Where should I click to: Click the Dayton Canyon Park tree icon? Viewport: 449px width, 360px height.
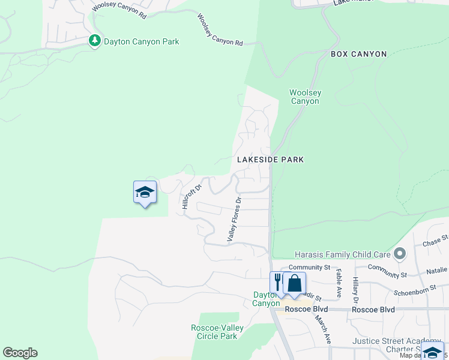[94, 41]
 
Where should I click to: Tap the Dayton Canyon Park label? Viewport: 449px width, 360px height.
[142, 42]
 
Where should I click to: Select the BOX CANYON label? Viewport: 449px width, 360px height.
[359, 54]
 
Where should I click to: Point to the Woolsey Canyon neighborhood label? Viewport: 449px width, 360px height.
[305, 97]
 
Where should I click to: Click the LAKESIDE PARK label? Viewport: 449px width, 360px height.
[270, 160]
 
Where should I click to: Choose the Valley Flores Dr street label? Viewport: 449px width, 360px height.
[234, 220]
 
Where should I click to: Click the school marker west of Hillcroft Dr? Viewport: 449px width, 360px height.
[145, 192]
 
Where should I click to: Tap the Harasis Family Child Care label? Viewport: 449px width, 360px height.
[343, 254]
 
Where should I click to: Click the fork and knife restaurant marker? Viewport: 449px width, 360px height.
[277, 282]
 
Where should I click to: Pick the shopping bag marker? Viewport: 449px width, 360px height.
[294, 283]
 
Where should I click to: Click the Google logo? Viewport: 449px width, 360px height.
[20, 353]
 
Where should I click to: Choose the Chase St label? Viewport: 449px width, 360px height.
[435, 243]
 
